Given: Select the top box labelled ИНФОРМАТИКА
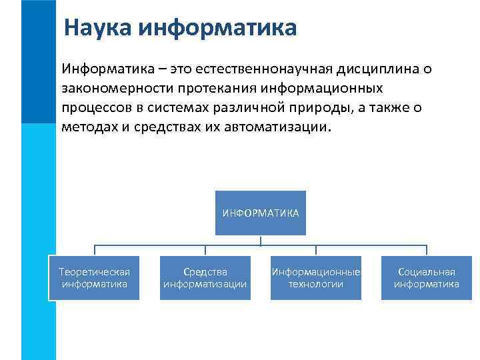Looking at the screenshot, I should [260, 213].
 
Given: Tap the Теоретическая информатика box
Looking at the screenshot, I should [94, 278].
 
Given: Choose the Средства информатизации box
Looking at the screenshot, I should [205, 278].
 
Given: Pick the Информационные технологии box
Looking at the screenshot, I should [315, 278].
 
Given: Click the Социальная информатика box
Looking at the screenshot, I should [426, 278].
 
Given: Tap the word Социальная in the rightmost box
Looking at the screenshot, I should [426, 272].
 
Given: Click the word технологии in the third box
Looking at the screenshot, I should [315, 284].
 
